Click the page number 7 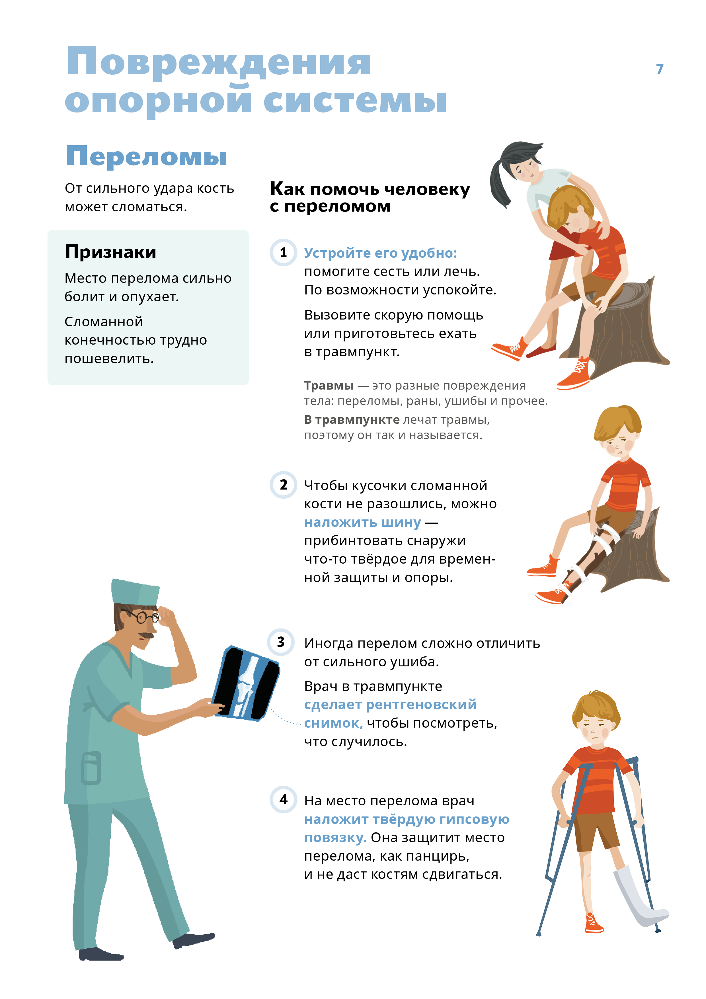tap(660, 69)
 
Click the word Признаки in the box tap(110, 252)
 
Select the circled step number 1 tap(284, 252)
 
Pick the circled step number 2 tap(284, 485)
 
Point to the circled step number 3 tap(281, 642)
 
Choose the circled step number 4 tap(284, 799)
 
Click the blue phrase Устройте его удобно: tap(380, 253)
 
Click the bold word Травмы tap(329, 386)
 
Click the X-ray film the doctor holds tap(245, 683)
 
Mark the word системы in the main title tap(355, 101)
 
